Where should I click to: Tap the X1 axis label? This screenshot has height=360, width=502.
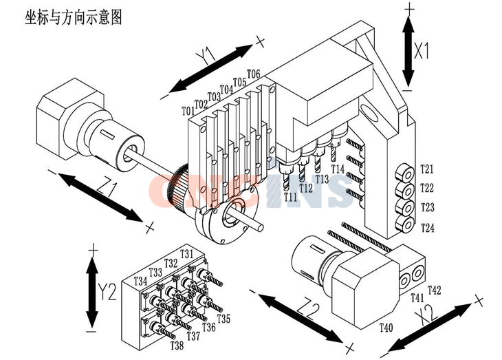tap(422, 50)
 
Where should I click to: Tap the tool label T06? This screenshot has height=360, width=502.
tap(252, 74)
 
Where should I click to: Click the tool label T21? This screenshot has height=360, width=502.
tap(427, 170)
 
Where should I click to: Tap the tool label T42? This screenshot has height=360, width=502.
tap(434, 289)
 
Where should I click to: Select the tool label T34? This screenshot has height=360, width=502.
tap(141, 282)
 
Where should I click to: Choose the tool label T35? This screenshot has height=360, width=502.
tap(223, 319)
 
